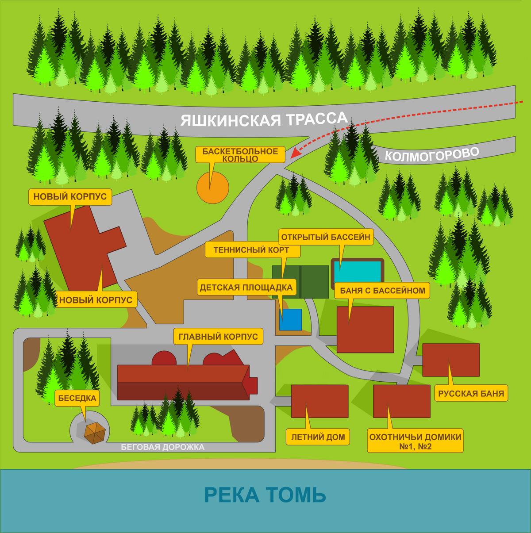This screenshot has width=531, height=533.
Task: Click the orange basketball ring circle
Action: [x=213, y=188]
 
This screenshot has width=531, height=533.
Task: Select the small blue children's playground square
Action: [x=291, y=319]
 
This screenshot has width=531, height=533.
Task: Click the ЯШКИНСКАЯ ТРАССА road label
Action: [x=264, y=119]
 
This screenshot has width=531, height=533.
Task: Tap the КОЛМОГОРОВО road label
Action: [x=431, y=154]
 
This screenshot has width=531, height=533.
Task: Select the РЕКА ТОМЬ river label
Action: [x=265, y=495]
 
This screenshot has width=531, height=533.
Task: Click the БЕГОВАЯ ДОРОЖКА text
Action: [x=163, y=447]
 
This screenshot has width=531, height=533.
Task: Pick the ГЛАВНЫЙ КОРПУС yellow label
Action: [x=218, y=336]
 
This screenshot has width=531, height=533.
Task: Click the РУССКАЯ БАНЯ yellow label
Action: [x=471, y=393]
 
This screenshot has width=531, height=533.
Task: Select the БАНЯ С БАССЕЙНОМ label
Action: [x=382, y=291]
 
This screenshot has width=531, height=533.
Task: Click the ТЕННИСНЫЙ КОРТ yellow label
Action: [x=251, y=250]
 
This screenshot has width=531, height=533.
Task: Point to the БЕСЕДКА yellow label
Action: [x=77, y=398]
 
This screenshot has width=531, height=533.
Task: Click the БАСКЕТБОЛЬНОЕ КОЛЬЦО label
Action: [x=240, y=155]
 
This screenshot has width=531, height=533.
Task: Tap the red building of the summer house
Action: [x=319, y=402]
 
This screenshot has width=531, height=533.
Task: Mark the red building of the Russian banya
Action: [x=451, y=360]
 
